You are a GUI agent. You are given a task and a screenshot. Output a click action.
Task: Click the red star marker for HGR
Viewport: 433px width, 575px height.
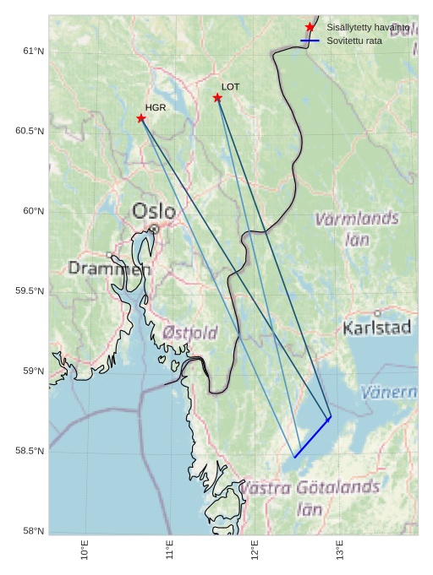[x=141, y=118]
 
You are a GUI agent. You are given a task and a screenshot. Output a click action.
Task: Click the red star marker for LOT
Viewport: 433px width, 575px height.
[x=217, y=98]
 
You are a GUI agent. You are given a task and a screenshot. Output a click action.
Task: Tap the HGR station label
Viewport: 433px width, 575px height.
[x=156, y=108]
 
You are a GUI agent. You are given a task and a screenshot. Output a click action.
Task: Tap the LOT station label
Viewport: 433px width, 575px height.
[x=231, y=87]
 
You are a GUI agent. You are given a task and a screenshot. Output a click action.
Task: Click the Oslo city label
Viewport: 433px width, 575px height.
[x=154, y=211]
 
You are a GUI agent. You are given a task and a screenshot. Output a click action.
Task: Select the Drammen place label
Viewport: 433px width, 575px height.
[x=109, y=269]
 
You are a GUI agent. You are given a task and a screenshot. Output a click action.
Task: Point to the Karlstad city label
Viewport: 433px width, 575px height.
[x=377, y=328]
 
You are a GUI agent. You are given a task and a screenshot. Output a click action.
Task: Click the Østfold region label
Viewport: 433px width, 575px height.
[x=190, y=333]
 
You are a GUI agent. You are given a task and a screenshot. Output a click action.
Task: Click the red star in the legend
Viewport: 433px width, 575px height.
[x=310, y=28]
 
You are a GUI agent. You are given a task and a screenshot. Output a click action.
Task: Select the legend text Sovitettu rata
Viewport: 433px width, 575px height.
[x=354, y=41]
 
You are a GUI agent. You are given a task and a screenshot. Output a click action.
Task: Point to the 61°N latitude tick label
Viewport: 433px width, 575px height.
[x=33, y=52]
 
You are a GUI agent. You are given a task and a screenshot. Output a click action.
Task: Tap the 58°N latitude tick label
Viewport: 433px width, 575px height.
[x=33, y=531]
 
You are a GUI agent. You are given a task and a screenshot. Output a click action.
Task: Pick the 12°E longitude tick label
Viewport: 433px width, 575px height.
[x=255, y=549]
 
